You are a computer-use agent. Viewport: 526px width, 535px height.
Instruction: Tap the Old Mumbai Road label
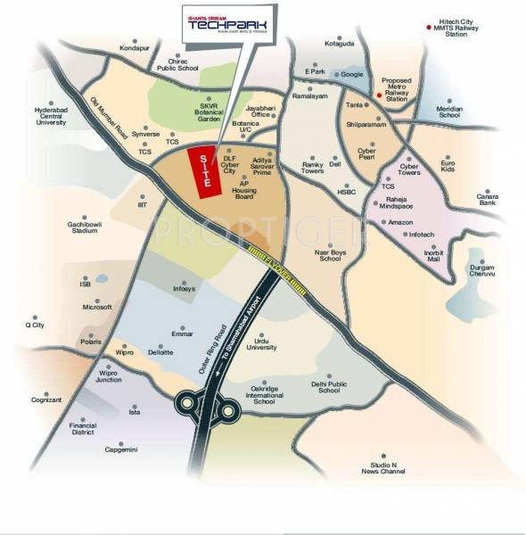pos(105,116)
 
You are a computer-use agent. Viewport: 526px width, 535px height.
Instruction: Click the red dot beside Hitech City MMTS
pos(427,29)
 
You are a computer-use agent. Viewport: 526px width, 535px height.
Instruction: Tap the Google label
pos(350,74)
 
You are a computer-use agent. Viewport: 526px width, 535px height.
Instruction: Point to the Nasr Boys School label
pos(330,253)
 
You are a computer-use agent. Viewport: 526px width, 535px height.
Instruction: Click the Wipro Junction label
pos(108,374)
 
